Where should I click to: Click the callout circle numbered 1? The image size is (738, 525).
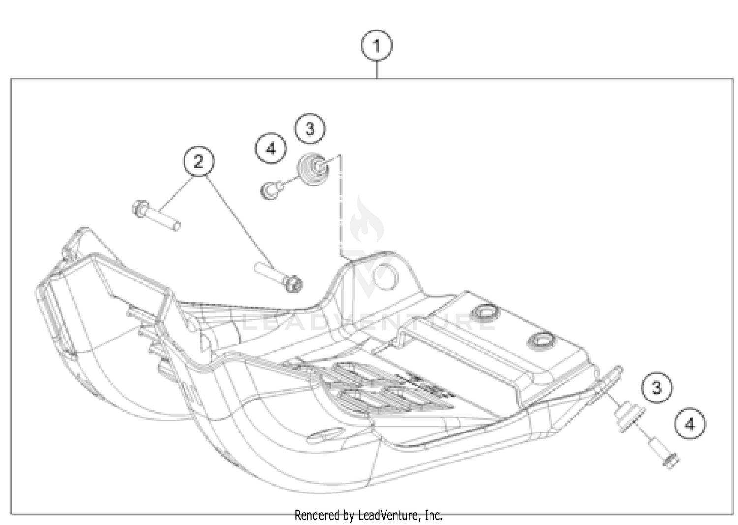point(376,46)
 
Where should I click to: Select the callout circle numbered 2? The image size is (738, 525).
point(198,161)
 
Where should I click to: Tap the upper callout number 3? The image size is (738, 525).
point(309,129)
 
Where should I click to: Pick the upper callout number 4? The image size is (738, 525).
point(271,148)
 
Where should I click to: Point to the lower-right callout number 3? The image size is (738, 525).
point(656,388)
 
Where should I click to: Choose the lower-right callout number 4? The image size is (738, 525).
point(690,424)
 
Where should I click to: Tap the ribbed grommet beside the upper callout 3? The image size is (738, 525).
point(313,169)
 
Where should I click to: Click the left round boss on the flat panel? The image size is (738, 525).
point(485,312)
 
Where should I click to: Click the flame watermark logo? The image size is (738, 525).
point(367,221)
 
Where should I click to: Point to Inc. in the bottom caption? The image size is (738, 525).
point(433,515)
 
